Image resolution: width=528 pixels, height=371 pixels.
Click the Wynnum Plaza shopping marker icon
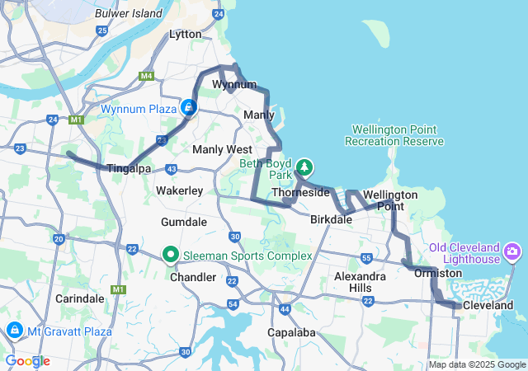190,107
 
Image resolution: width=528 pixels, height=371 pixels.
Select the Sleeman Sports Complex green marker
172,255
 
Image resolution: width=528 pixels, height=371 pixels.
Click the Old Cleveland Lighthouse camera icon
512,250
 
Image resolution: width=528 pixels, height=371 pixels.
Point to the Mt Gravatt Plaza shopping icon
14,331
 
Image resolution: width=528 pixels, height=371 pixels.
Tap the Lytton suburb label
185,35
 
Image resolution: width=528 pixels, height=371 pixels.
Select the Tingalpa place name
128,168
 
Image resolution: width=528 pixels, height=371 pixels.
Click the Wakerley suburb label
179,190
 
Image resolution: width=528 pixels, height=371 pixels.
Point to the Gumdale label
184,223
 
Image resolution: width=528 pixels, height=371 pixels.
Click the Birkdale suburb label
332,220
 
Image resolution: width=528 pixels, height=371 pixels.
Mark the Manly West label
222,149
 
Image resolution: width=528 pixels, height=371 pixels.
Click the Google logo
27,361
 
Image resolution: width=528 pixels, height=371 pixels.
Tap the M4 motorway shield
147,77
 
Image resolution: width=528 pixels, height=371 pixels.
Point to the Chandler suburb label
192,277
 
